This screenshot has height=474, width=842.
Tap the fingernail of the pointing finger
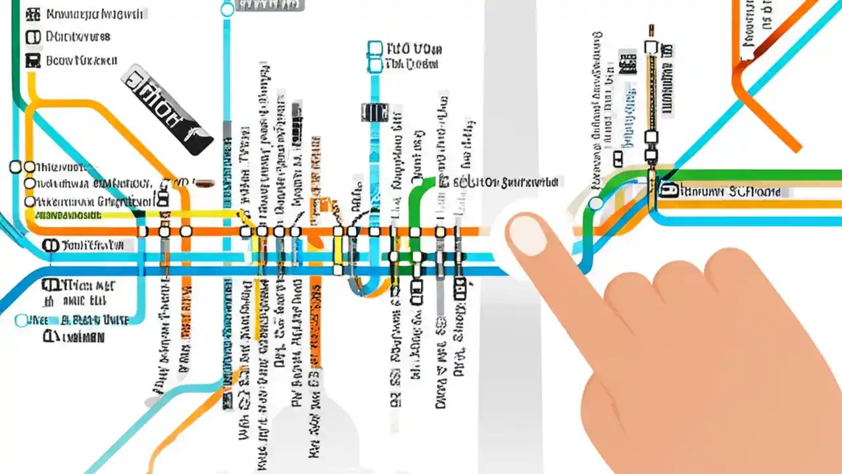(x=528, y=236)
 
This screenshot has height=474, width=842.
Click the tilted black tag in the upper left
(x=168, y=109)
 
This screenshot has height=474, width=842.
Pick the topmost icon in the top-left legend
(x=32, y=13)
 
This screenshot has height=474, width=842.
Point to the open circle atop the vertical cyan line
(x=227, y=9)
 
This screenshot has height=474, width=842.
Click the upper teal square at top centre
(x=374, y=49)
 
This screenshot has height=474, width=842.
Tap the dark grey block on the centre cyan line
(x=375, y=111)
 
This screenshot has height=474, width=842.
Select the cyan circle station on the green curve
(x=595, y=203)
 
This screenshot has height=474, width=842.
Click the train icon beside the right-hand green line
(x=669, y=191)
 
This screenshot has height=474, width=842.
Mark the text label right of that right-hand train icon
(x=730, y=192)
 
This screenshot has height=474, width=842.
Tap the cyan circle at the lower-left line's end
(x=22, y=321)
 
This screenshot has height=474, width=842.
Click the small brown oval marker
(x=203, y=183)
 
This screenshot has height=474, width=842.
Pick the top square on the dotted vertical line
(x=651, y=47)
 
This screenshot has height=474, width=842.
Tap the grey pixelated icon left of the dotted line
(x=628, y=63)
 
